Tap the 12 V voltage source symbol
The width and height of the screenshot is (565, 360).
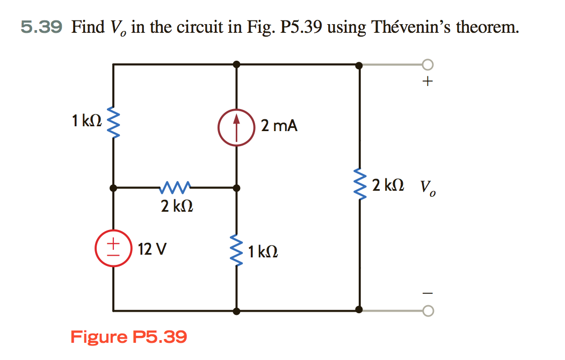click(x=113, y=249)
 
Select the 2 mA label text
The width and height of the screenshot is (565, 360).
click(x=279, y=126)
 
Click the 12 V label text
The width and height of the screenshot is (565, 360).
click(x=152, y=249)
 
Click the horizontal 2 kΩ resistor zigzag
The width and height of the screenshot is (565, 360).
click(x=174, y=188)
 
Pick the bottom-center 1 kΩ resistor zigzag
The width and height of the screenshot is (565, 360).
click(x=236, y=250)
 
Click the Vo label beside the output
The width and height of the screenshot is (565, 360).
click(x=428, y=188)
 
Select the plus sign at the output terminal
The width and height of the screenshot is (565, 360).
click(x=428, y=82)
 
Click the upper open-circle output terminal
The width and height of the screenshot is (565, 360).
click(x=428, y=65)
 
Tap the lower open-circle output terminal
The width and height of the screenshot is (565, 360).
click(x=428, y=310)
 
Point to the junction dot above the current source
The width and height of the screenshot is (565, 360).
click(x=236, y=64)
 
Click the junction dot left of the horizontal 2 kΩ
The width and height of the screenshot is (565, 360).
click(x=113, y=188)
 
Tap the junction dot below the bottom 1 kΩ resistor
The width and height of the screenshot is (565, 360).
click(x=236, y=311)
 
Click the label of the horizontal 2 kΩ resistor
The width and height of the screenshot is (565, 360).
click(x=177, y=205)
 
